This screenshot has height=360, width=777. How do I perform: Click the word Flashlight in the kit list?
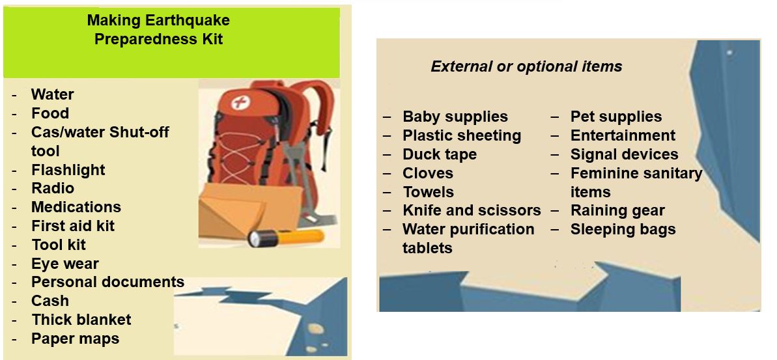tap(68, 170)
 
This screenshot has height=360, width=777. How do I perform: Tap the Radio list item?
tap(53, 188)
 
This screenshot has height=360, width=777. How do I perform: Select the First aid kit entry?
tap(73, 226)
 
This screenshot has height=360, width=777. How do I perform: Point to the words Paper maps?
tap(76, 339)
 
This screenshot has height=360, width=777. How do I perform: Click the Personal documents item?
tap(107, 282)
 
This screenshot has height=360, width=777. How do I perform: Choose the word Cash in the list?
tap(50, 301)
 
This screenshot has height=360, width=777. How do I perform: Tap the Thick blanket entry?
tap(81, 320)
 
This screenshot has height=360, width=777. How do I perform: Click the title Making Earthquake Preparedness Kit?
tap(158, 29)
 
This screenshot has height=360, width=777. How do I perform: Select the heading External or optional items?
tap(526, 66)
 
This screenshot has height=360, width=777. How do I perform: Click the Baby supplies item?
tap(455, 117)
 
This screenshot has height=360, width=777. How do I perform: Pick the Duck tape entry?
tap(440, 154)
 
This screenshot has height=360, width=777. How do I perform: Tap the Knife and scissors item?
tap(472, 210)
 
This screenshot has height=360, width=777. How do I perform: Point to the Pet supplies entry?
tap(616, 117)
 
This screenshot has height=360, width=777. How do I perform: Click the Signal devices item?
tap(624, 154)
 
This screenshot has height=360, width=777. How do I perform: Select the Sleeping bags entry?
tap(623, 229)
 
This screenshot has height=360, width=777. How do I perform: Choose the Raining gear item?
tap(617, 210)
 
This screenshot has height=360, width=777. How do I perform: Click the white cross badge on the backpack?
tap(240, 103)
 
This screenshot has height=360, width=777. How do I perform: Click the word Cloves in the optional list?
tap(428, 173)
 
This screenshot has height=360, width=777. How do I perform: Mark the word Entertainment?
tap(623, 135)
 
